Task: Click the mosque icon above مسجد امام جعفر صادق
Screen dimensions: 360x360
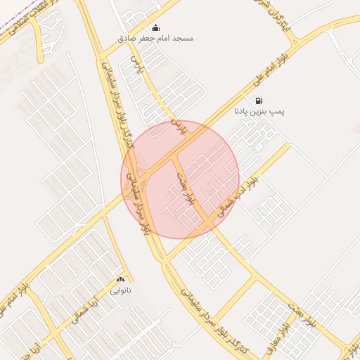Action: [155, 27]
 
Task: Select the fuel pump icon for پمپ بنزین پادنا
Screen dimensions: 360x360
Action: [259, 101]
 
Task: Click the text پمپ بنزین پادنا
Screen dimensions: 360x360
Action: [259, 112]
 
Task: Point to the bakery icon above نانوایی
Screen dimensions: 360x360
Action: [120, 278]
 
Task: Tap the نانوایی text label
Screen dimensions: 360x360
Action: [120, 288]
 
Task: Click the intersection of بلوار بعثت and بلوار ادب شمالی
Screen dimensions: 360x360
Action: [210, 224]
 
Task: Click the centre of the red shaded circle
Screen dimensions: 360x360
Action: [180, 179]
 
